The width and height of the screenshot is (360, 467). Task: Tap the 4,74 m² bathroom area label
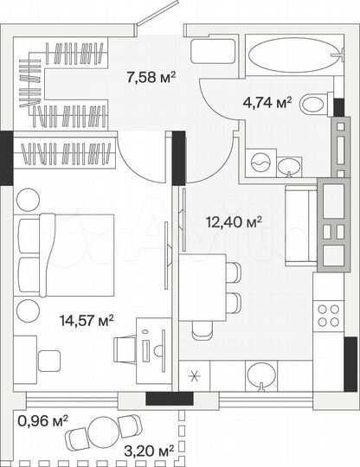(268, 105)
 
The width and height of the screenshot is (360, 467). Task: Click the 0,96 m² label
(43, 422)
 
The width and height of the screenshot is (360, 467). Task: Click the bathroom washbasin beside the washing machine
(290, 163)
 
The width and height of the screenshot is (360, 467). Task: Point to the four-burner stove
(329, 315)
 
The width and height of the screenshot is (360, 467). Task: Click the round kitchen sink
(259, 374)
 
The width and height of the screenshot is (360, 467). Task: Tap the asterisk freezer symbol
(194, 375)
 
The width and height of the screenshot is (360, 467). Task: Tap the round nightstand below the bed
(30, 309)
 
